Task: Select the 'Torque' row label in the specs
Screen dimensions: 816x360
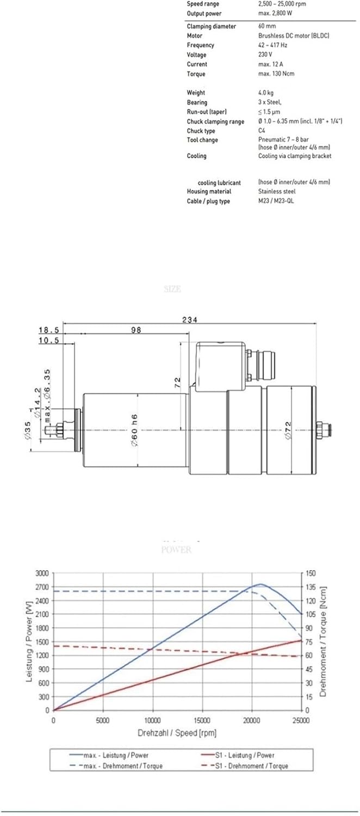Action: pyautogui.click(x=197, y=74)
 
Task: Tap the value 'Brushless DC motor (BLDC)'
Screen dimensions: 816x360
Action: pyautogui.click(x=293, y=36)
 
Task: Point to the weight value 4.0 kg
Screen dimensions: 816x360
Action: pyautogui.click(x=266, y=93)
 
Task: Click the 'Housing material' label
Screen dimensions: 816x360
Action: pyautogui.click(x=209, y=191)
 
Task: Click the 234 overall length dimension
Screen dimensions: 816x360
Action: pyautogui.click(x=190, y=320)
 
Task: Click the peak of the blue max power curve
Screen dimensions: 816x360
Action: pyautogui.click(x=261, y=584)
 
